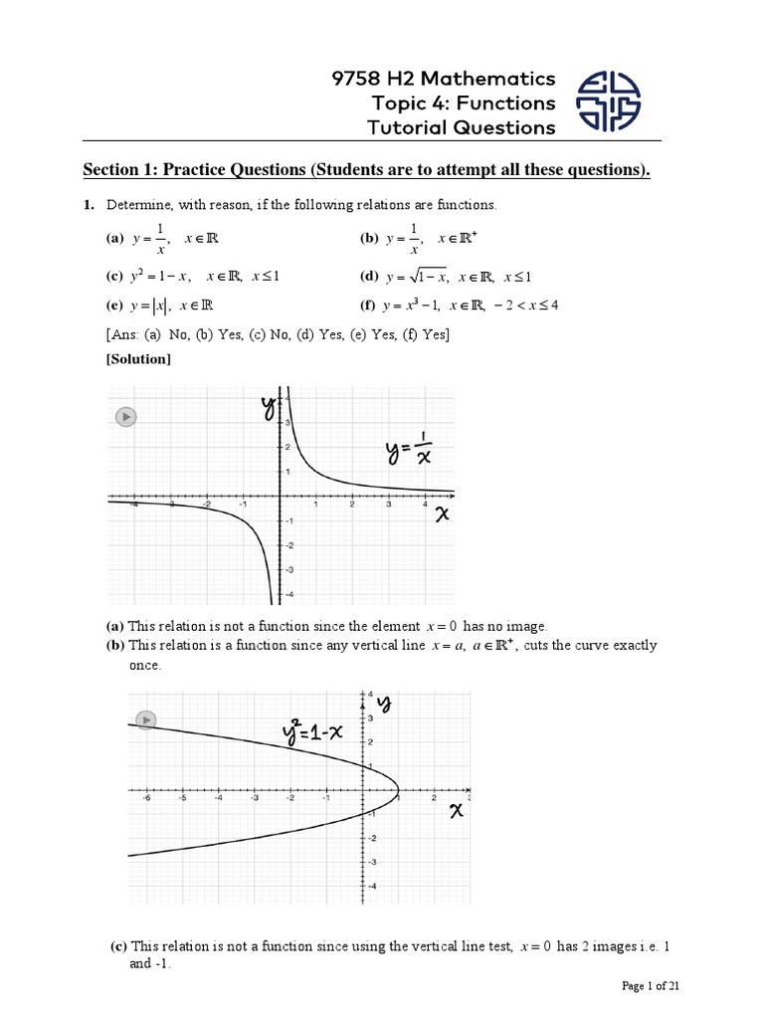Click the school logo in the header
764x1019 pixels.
pos(610,102)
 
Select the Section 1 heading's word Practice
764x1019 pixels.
pos(205,170)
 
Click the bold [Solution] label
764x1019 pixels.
pos(138,358)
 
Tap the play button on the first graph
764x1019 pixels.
pos(125,417)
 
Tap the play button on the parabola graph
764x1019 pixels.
pos(146,718)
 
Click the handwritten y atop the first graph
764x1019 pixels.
pos(268,407)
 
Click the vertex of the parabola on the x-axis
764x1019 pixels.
pos(398,792)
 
